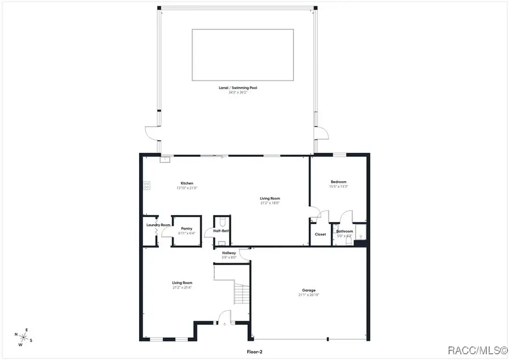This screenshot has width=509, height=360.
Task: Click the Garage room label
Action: point(309,290)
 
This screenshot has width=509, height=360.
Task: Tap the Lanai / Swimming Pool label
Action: point(242,88)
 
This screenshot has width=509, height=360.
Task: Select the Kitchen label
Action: point(187,183)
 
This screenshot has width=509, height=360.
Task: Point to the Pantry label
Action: point(187,229)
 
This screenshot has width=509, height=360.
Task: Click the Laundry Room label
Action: point(158,225)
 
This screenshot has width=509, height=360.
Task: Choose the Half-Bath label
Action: point(221,230)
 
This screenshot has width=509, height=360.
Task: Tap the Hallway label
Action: point(229,253)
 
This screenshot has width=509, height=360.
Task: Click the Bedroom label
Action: point(339,182)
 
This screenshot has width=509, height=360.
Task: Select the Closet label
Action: point(320,234)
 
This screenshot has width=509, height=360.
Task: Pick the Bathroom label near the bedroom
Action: point(344,231)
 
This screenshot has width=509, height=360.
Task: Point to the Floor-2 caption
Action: point(255,352)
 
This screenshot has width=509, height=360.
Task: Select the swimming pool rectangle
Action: point(243,55)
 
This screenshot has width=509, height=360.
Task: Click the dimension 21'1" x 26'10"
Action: point(309,295)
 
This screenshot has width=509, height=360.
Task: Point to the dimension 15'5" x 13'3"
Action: point(339,186)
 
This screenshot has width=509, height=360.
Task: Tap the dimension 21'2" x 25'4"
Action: point(183,287)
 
